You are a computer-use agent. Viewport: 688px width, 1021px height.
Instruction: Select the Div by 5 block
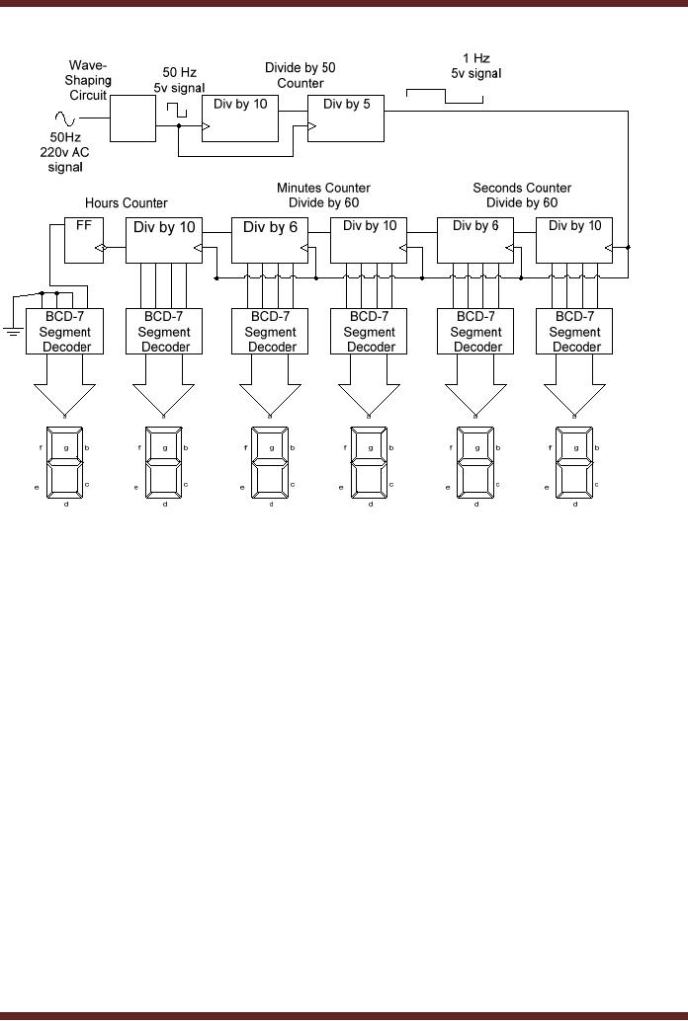345,118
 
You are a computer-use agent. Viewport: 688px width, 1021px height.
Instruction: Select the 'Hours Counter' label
126,203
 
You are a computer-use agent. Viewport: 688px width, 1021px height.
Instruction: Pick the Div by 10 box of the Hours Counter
164,239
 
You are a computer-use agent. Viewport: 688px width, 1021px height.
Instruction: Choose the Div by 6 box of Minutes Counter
270,239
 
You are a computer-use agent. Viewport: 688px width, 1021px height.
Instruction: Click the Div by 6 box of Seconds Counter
475,239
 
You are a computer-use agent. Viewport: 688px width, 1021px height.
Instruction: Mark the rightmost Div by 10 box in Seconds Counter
574,239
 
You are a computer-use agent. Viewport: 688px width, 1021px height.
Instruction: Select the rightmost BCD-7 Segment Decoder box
574,332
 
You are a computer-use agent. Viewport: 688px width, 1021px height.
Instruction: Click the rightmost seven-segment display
574,462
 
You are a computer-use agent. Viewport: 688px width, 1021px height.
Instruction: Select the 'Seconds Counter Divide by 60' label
522,196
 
